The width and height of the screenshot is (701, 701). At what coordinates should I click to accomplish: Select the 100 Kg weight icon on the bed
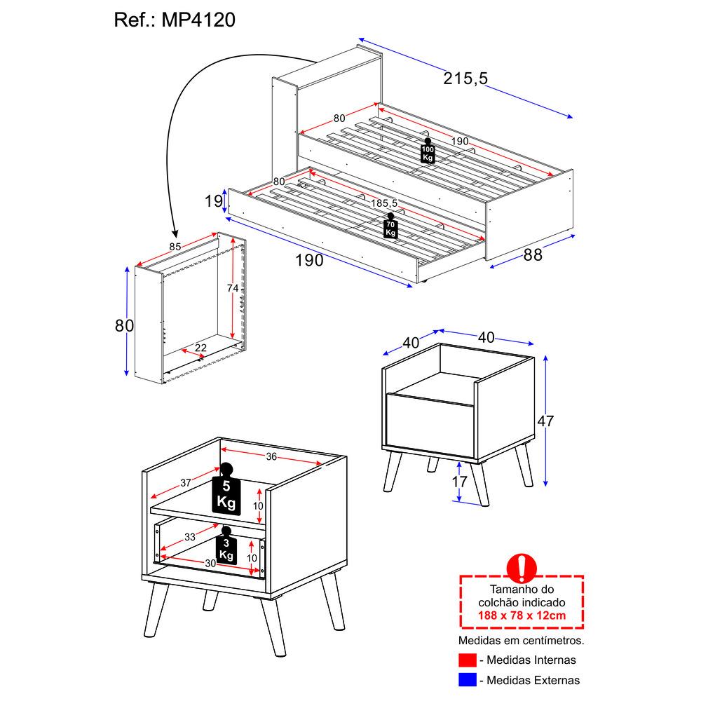tap(428, 151)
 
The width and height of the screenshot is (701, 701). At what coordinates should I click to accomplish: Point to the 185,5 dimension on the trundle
tap(384, 203)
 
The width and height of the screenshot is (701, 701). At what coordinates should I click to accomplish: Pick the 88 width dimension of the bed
tap(533, 255)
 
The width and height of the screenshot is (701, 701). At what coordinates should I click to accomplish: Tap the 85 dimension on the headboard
tap(176, 246)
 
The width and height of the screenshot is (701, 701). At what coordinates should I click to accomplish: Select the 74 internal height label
tap(233, 288)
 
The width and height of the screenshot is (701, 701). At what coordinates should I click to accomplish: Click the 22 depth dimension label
tap(200, 348)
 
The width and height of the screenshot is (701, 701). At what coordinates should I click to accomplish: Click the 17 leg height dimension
tap(458, 482)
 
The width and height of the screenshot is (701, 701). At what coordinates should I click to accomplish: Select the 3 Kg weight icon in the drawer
tap(226, 547)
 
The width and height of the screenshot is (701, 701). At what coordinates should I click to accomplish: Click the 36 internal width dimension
tap(271, 456)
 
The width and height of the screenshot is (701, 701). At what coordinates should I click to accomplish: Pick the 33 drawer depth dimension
tap(190, 537)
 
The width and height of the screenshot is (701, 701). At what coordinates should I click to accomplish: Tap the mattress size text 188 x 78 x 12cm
tap(522, 615)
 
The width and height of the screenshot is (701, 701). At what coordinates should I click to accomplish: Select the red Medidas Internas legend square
tap(467, 660)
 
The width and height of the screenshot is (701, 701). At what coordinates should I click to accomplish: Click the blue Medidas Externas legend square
tap(467, 679)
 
